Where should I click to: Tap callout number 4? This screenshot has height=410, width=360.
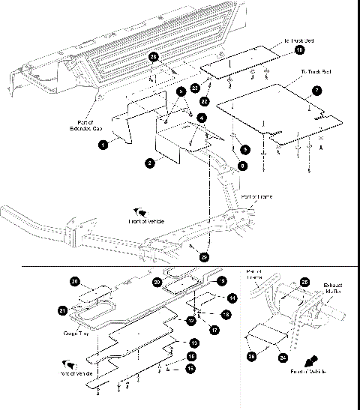(202, 118)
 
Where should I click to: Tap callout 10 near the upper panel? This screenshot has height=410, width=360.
(299, 49)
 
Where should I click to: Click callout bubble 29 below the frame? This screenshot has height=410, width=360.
(205, 257)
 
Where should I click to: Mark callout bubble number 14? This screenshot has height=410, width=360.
(233, 298)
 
